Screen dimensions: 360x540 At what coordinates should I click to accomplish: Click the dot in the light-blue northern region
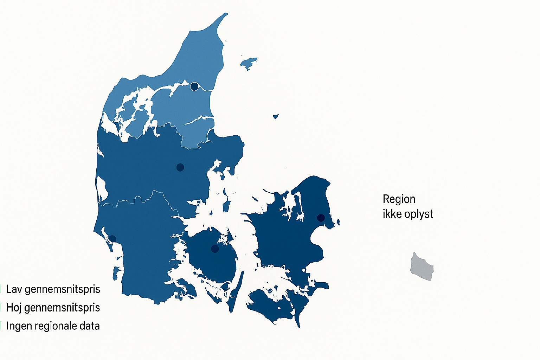[x=194, y=86]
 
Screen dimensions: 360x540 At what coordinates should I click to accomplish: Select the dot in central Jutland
[x=180, y=167]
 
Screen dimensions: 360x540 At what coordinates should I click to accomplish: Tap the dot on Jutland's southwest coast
[x=112, y=239]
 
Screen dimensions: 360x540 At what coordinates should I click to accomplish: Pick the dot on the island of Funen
[x=215, y=249]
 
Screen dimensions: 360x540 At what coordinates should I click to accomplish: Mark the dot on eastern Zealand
[x=321, y=218]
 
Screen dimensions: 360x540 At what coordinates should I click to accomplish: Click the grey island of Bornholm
[x=422, y=267]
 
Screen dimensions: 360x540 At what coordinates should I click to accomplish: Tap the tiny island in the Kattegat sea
[x=276, y=116]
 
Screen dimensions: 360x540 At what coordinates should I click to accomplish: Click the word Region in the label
[x=399, y=199]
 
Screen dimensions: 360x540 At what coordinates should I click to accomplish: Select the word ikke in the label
[x=391, y=214]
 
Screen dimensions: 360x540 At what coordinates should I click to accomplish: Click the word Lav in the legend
[x=14, y=289]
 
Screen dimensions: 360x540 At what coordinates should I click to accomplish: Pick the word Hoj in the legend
[x=14, y=308]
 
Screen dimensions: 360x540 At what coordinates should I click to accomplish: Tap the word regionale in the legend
[x=56, y=326]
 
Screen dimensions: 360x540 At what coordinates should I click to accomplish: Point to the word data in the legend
[x=90, y=326]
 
